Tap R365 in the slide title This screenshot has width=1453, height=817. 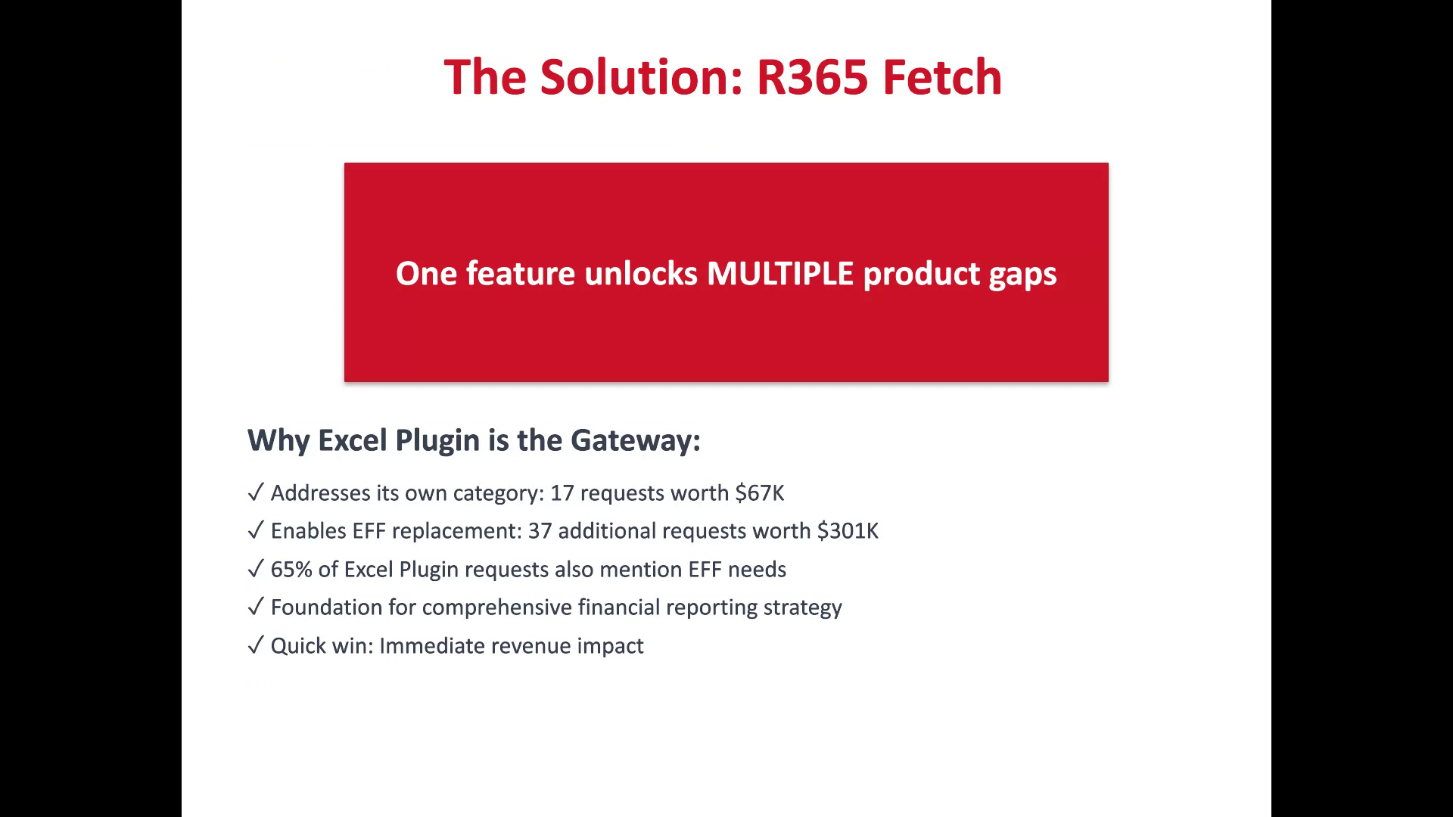click(x=812, y=77)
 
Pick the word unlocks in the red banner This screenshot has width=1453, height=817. click(x=641, y=273)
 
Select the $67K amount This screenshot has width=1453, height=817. click(x=760, y=493)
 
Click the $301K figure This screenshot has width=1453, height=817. click(x=848, y=531)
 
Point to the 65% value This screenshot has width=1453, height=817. click(x=291, y=570)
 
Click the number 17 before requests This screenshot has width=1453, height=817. click(x=562, y=493)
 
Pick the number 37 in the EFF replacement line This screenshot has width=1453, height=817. click(x=540, y=531)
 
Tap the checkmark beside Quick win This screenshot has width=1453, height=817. click(x=255, y=645)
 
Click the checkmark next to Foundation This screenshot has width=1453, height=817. click(x=255, y=607)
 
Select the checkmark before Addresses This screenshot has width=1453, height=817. click(x=255, y=492)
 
